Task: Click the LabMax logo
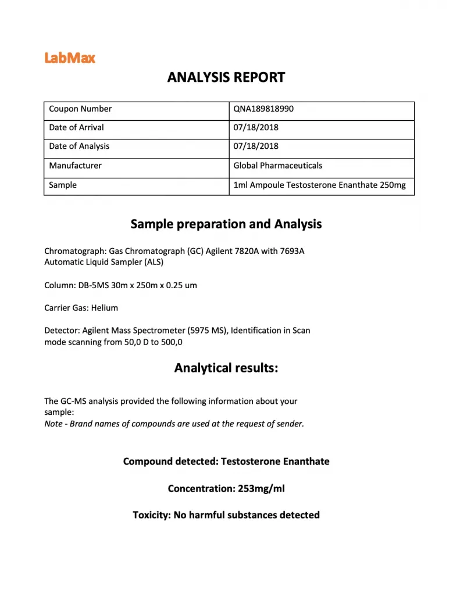point(70,58)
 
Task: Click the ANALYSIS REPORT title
point(226,77)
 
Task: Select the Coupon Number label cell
point(80,109)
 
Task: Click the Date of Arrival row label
point(76,127)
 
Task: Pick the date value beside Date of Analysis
point(256,146)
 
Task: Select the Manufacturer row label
point(75,166)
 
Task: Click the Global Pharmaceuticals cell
point(277,166)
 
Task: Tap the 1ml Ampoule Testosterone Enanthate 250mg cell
point(319,185)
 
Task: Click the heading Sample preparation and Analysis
point(226,224)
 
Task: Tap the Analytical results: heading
point(226,368)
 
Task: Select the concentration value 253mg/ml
point(261,489)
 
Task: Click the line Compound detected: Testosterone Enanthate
point(226,461)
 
